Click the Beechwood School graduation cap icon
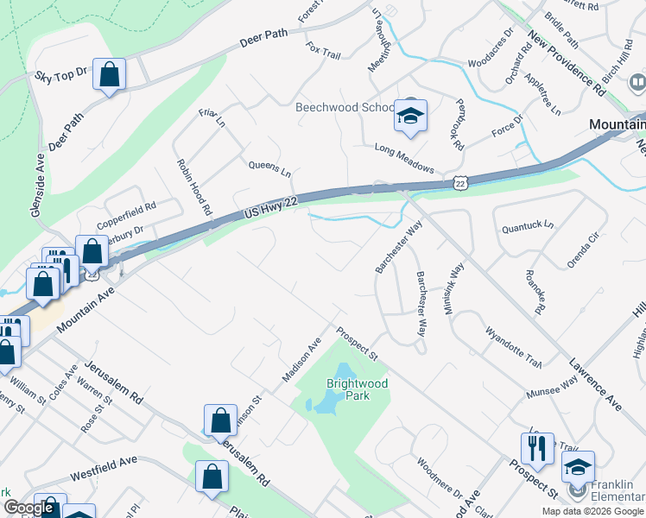(410, 116)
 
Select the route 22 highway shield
(459, 182)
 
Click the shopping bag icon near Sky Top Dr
(110, 76)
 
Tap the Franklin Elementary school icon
(578, 469)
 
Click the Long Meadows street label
(404, 158)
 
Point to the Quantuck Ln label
(528, 225)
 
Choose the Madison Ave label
(301, 359)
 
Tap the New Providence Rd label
(567, 64)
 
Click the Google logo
(28, 508)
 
